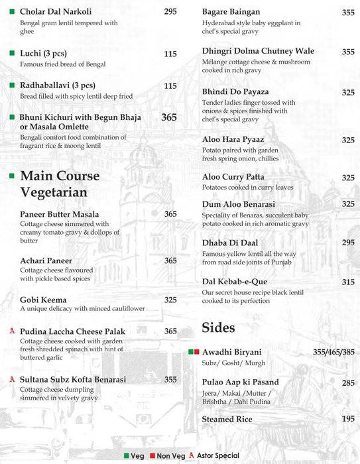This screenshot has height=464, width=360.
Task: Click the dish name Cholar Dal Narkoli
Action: tap(56, 12)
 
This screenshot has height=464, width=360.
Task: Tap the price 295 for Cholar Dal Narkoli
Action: tap(170, 12)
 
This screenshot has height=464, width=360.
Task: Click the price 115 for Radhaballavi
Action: tap(170, 86)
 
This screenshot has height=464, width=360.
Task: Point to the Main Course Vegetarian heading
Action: tap(60, 184)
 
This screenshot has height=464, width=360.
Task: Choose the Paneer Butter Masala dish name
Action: tap(60, 214)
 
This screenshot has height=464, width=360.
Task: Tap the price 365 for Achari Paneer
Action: tap(170, 261)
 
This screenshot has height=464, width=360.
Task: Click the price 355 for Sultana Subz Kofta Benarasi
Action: tap(170, 380)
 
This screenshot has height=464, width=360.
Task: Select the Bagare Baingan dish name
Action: tap(231, 12)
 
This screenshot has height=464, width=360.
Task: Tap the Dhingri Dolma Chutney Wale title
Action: tap(258, 51)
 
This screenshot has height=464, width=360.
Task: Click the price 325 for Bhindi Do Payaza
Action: tap(348, 92)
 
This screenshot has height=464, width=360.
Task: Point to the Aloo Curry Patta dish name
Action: tap(233, 177)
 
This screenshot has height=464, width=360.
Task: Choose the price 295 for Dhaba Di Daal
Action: tap(348, 243)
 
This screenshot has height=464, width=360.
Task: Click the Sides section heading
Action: tap(218, 327)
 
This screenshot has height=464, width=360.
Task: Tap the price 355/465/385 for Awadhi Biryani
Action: tap(333, 352)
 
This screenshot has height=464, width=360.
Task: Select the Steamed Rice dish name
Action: tap(227, 420)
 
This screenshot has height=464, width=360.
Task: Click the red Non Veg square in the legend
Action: tap(152, 456)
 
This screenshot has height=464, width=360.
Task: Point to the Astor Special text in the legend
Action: tap(218, 456)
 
